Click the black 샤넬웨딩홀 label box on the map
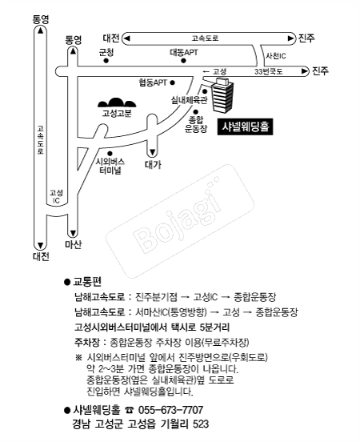pos(245,127)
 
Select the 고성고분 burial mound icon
pos(117,102)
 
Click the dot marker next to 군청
pos(106,61)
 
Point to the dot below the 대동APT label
pos(183,60)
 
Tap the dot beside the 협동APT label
pos(172,83)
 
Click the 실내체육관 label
pos(189,100)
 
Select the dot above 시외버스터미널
pos(110,154)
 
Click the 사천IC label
pos(276,56)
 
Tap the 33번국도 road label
pos(269,71)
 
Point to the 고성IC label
pos(56,196)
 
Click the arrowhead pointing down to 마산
pos(73,234)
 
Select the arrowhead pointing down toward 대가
pos(152,152)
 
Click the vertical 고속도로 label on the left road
pos(40,140)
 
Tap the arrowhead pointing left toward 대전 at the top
pos(127,38)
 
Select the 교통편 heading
pos(87,281)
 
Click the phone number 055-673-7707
pos(170,410)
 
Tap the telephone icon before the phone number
pos(130,410)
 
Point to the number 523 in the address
pos(201,424)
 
